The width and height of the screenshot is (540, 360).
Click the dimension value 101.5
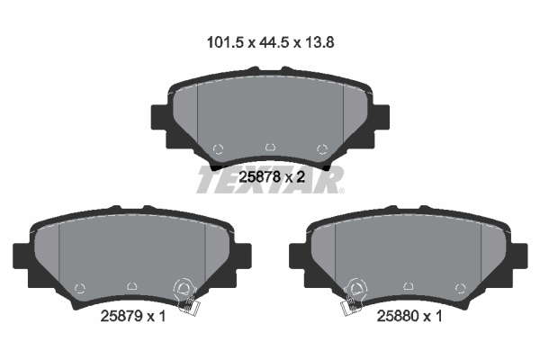(x=225, y=42)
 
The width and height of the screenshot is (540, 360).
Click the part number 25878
(x=259, y=177)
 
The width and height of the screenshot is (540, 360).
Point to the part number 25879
(x=121, y=316)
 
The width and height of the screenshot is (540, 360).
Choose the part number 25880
(x=398, y=316)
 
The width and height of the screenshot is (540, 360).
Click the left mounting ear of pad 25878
(x=159, y=117)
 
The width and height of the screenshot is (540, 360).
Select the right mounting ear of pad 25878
(x=382, y=117)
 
